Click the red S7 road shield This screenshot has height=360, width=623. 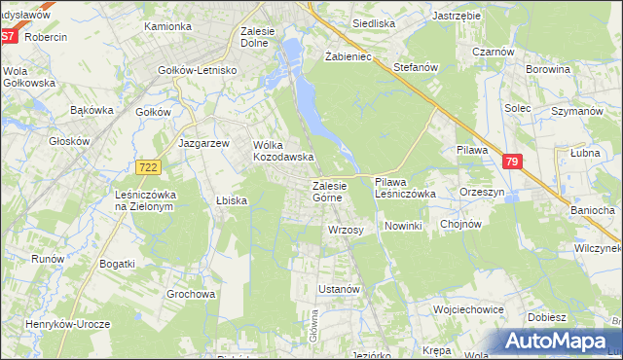pyautogui.click(x=9, y=36)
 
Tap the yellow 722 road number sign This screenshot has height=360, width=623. pyautogui.click(x=149, y=168)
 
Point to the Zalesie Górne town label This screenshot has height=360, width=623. pyautogui.click(x=327, y=191)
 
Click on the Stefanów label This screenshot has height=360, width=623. pyautogui.click(x=419, y=68)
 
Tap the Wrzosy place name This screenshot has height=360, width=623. pyautogui.click(x=346, y=231)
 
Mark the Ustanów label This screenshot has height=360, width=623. pyautogui.click(x=341, y=289)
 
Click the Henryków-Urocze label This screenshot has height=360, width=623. pyautogui.click(x=68, y=324)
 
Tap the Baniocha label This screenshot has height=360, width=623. pyautogui.click(x=592, y=210)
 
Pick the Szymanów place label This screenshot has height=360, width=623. pyautogui.click(x=570, y=113)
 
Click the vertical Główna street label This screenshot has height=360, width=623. pyautogui.click(x=315, y=325)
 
